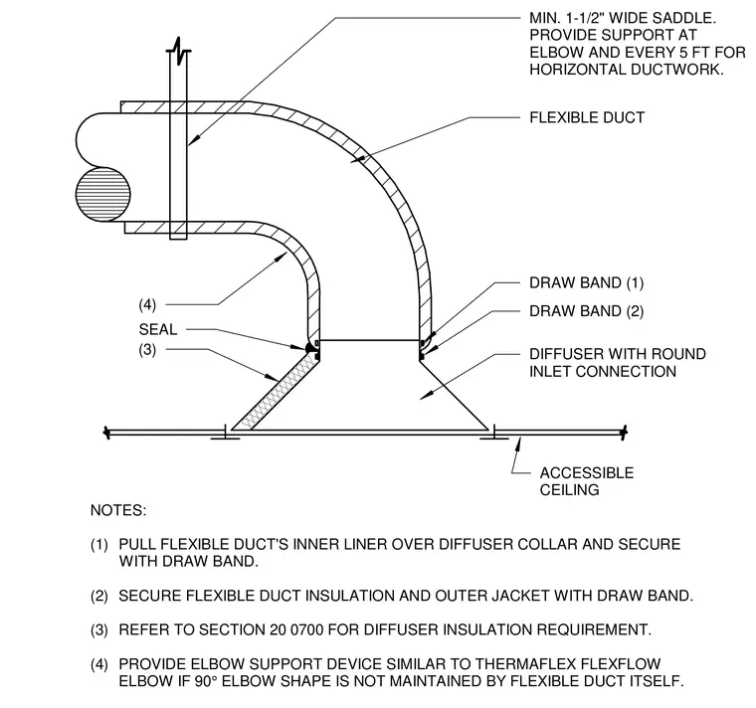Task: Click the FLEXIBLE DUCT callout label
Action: (x=587, y=117)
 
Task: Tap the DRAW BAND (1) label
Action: (x=586, y=283)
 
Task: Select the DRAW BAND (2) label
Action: (x=586, y=311)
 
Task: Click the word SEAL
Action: (x=158, y=330)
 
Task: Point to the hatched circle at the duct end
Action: (x=103, y=194)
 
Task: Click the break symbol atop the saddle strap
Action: (x=178, y=51)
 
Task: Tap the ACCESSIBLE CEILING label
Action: (x=586, y=481)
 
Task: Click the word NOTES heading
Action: (x=118, y=510)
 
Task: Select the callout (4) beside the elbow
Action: (x=147, y=304)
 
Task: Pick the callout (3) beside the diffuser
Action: (x=147, y=349)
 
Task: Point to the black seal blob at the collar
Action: (x=309, y=347)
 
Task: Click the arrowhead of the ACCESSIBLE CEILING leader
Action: (x=518, y=442)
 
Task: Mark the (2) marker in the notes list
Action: (x=99, y=597)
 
